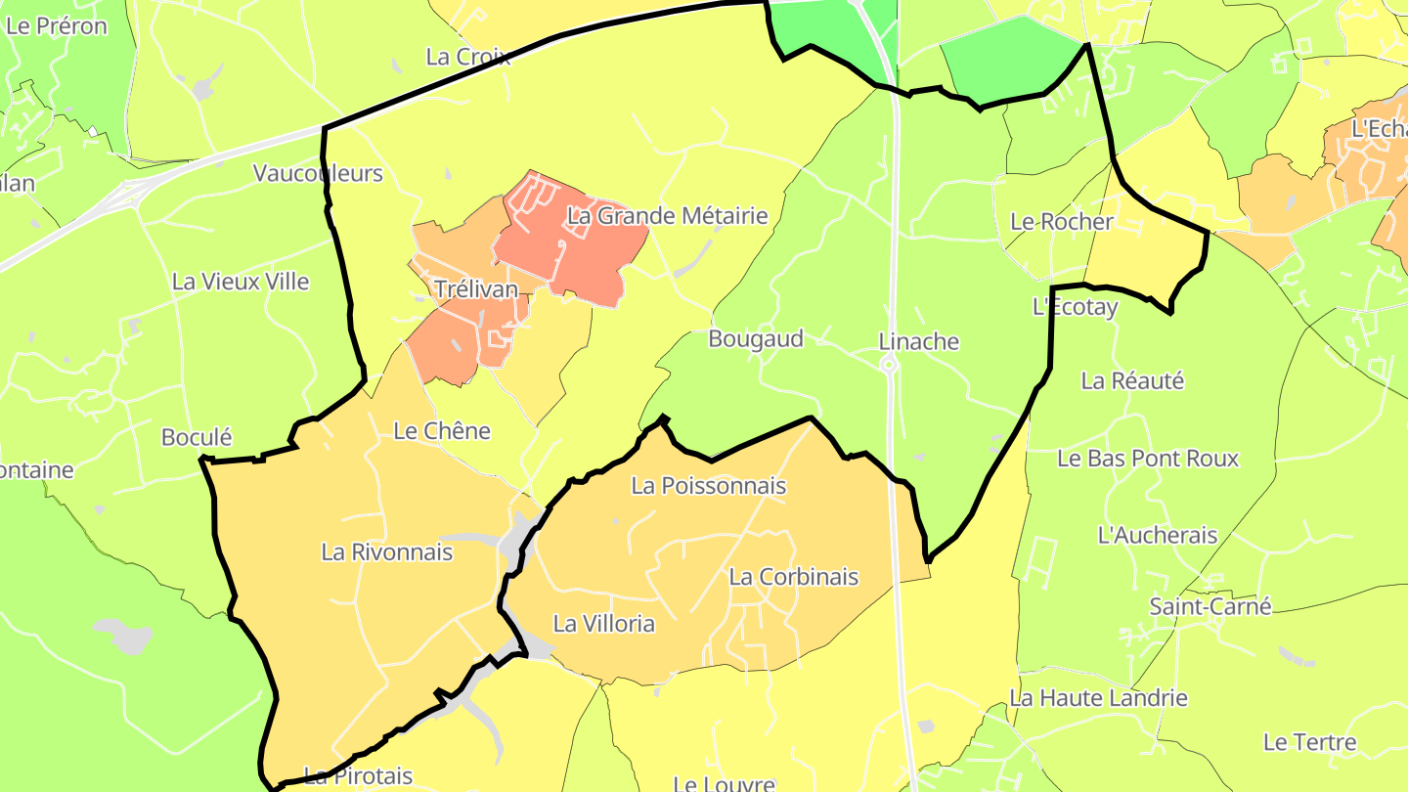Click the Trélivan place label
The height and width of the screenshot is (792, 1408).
475,290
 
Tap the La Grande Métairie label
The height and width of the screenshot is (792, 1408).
668,216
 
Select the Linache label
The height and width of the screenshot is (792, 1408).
918,342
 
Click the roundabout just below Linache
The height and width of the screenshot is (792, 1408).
889,366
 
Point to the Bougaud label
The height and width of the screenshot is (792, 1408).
755,339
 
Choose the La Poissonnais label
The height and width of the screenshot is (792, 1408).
708,485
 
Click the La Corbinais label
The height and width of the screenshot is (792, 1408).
793,577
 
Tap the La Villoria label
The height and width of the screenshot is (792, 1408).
603,624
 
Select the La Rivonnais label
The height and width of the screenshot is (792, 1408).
386,552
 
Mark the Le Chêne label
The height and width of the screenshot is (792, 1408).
441,431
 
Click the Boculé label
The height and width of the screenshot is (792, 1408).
196,437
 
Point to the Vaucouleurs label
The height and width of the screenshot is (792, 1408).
318,174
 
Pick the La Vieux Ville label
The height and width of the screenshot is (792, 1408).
241,282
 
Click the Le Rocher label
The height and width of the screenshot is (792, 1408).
1061,222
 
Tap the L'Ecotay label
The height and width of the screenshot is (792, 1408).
1075,307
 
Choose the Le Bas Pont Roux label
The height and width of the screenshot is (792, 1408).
1148,459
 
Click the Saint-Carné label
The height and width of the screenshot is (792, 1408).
1210,606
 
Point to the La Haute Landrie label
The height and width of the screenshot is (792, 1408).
1098,698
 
